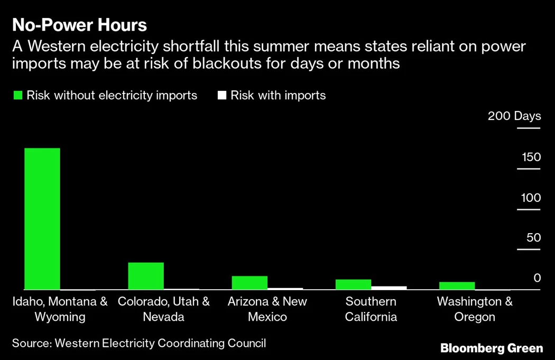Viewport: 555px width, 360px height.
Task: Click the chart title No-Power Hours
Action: click(x=79, y=25)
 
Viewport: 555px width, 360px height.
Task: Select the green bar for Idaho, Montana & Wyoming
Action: click(x=42, y=219)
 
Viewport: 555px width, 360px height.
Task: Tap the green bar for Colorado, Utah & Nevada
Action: click(x=146, y=276)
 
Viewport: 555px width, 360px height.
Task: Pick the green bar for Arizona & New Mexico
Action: click(x=249, y=283)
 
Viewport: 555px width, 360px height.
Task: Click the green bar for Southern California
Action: click(x=353, y=284)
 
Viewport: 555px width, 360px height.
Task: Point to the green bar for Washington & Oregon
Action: click(x=457, y=286)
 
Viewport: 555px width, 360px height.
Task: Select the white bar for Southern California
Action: click(x=389, y=288)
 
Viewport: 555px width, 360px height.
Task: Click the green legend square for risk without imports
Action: click(x=18, y=96)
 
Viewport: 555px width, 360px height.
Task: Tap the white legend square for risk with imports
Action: click(x=222, y=96)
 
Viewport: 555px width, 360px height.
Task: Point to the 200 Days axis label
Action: click(x=514, y=116)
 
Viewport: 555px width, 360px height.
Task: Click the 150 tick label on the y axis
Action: click(x=531, y=157)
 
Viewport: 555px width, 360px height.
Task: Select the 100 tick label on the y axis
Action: click(x=531, y=198)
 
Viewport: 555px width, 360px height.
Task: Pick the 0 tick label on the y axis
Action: click(x=537, y=278)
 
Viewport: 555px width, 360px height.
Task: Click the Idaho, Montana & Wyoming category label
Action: click(x=60, y=309)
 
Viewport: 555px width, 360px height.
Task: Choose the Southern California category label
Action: click(x=371, y=309)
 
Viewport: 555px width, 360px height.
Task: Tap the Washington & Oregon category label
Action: click(x=475, y=309)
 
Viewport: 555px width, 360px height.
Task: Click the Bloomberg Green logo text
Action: click(x=492, y=348)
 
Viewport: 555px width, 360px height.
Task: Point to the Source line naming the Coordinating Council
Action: click(x=139, y=343)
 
